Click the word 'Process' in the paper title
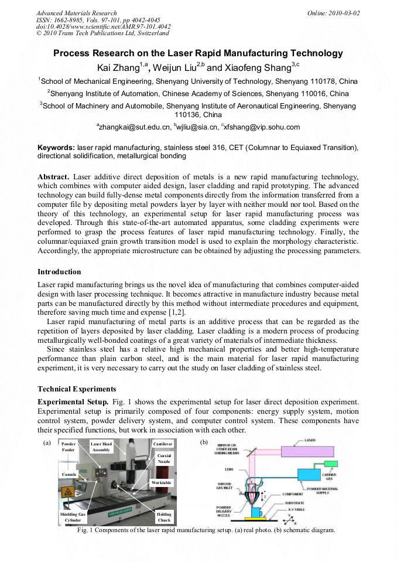tap(73, 53)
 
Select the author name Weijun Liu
tap(177, 68)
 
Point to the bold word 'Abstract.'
tap(54, 176)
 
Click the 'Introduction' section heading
tap(59, 272)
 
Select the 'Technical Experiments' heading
tap(77, 389)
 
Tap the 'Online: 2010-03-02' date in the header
tap(334, 13)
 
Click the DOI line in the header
tap(103, 26)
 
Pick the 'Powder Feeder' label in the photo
tap(69, 447)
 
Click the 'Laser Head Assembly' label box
tap(101, 447)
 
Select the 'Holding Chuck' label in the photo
tap(164, 516)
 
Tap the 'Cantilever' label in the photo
tap(163, 444)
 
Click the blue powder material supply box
tap(312, 476)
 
